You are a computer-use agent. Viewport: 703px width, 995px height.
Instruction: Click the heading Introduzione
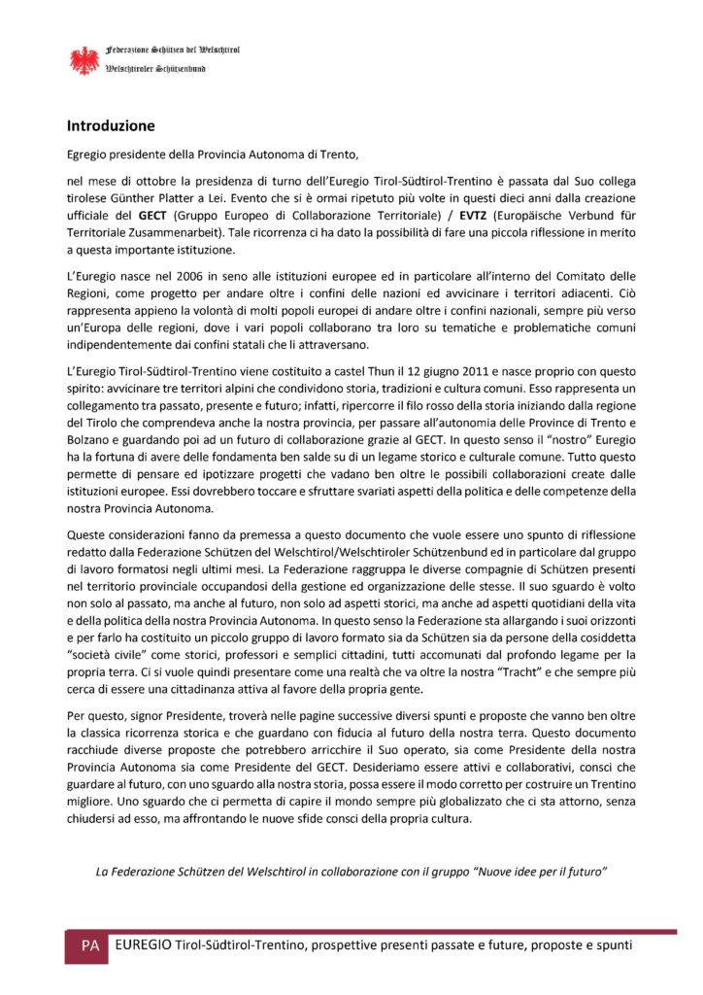[x=111, y=125]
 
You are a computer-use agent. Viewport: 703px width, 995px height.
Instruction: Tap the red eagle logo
[x=84, y=61]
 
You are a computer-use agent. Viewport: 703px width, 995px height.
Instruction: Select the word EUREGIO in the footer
[x=145, y=945]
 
